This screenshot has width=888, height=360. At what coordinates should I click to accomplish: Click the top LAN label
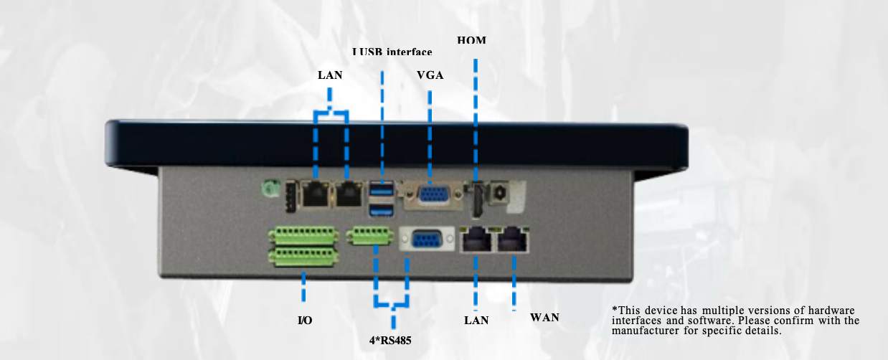point(330,75)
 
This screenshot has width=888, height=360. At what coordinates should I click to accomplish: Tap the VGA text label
point(430,75)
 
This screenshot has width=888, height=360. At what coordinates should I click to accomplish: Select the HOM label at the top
point(471,41)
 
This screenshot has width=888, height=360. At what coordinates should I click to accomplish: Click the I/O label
point(304,320)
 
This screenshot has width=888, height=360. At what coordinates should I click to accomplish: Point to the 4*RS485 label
point(391,339)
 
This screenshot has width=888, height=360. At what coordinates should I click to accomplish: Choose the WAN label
point(544,318)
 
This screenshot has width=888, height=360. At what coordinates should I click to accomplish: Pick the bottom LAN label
point(476,321)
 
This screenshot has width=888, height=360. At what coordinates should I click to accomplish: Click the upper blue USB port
point(382,191)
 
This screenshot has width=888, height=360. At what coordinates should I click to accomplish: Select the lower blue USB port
point(382,211)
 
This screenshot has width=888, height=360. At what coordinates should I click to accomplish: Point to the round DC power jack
point(497,193)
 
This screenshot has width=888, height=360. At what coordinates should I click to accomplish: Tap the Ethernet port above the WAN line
point(514,240)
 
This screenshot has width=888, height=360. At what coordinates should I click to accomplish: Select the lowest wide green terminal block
point(303,256)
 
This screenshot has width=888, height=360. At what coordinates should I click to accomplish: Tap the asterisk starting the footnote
point(614,308)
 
